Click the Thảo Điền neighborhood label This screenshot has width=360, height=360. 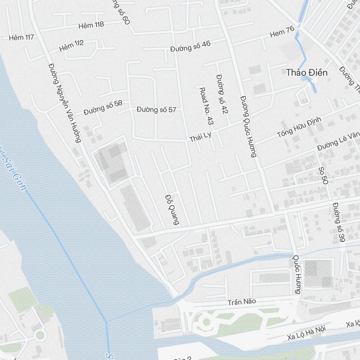pyautogui.click(x=307, y=73)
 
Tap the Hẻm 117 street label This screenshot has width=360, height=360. pyautogui.click(x=21, y=37)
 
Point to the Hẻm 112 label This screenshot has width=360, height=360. pyautogui.click(x=71, y=45)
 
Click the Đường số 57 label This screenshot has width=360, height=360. pyautogui.click(x=157, y=109)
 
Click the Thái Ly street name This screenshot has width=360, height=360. pyautogui.click(x=200, y=136)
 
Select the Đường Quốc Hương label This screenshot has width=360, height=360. pyautogui.click(x=249, y=126)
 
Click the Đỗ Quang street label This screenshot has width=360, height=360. pyautogui.click(x=172, y=210)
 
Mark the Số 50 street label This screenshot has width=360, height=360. pyautogui.click(x=323, y=176)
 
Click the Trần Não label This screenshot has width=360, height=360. pyautogui.click(x=241, y=302)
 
